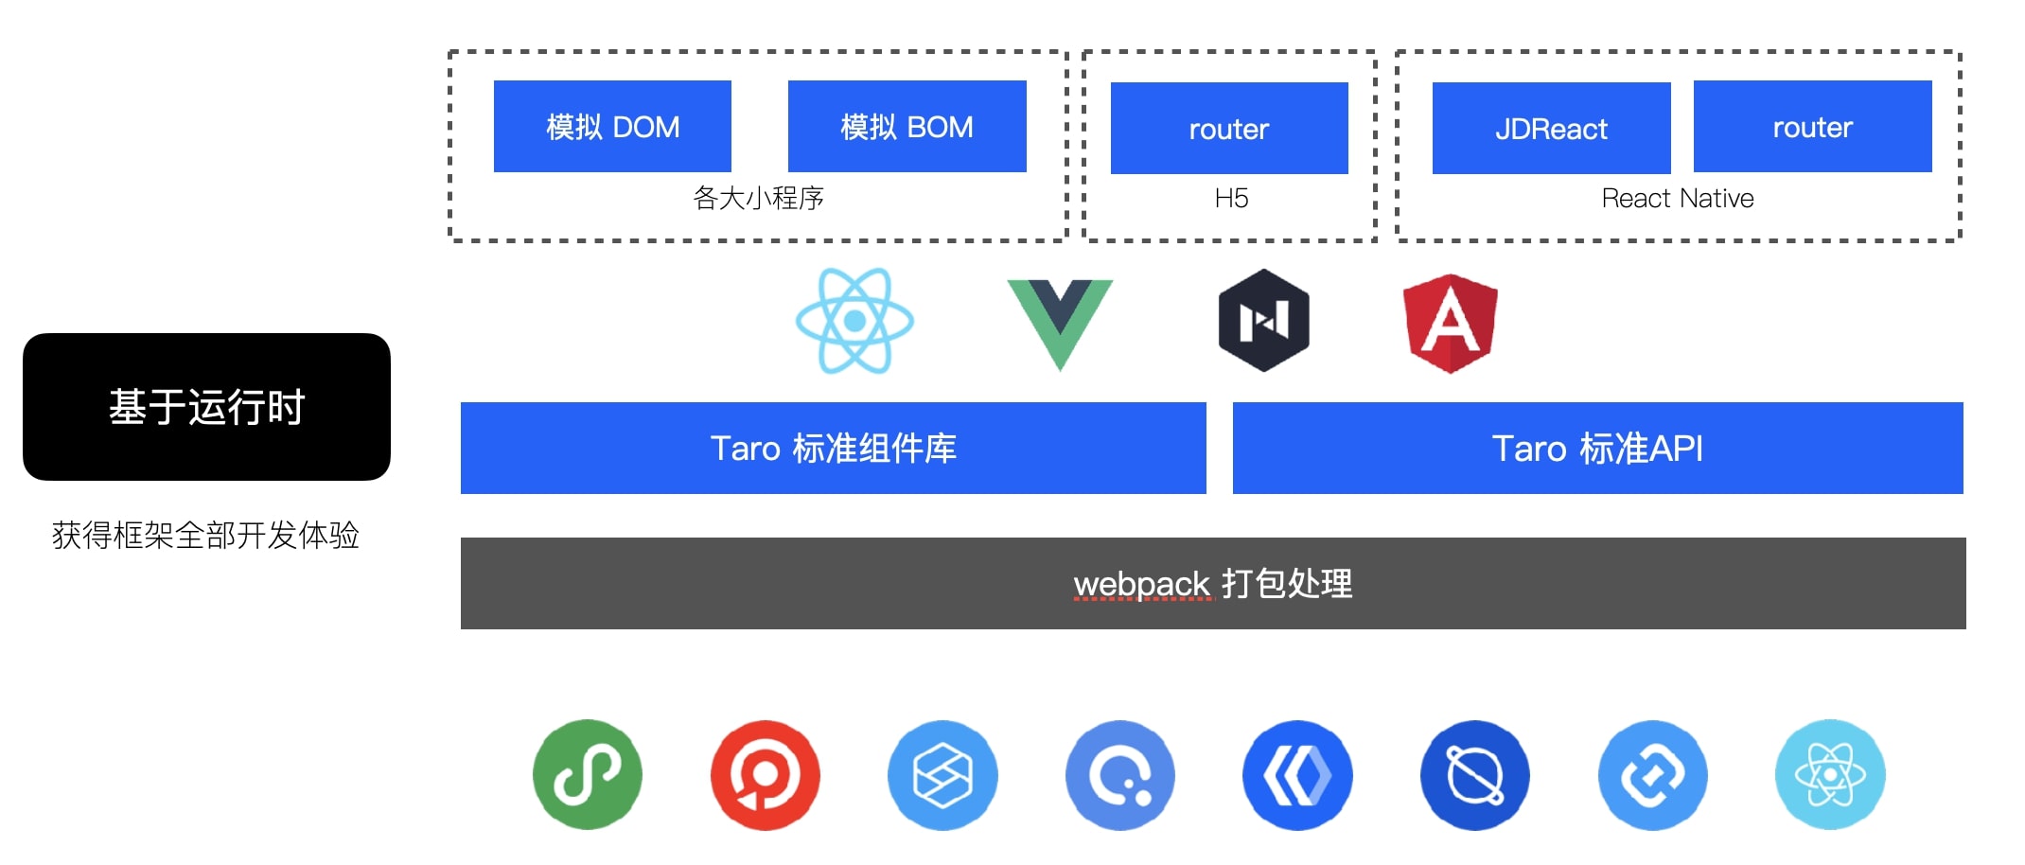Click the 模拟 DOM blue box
tap(612, 126)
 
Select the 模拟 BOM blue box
tap(907, 126)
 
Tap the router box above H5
tap(1228, 128)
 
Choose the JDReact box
tap(1551, 128)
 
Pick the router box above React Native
tap(1812, 126)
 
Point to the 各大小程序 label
tap(758, 198)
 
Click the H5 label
tap(1231, 198)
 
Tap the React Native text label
tap(1677, 198)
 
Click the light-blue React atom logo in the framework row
tap(854, 321)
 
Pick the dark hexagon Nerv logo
tap(1263, 320)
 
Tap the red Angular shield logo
tap(1450, 323)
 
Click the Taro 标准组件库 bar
tap(833, 448)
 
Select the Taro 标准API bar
tap(1597, 448)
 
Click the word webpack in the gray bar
tap(1141, 584)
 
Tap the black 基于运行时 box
tap(206, 407)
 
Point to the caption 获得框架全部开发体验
tap(205, 536)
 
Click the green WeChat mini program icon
tap(588, 775)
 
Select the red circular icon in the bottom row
tap(765, 775)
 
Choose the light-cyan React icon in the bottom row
tap(1830, 775)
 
